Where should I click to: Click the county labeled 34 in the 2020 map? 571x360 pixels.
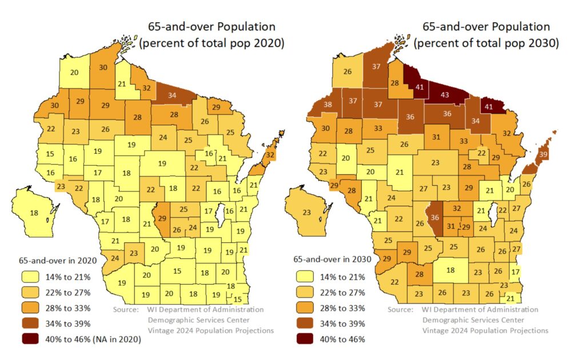coord(172,95)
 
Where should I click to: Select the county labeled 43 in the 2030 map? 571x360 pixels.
coord(444,94)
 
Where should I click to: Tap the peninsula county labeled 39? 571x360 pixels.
coord(543,155)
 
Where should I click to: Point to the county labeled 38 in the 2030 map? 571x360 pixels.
coord(328,105)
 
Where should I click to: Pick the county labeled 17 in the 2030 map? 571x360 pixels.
coord(515,271)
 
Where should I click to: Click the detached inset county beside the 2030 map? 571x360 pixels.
coord(306,212)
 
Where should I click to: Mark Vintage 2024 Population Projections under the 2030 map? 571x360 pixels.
coord(485,330)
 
